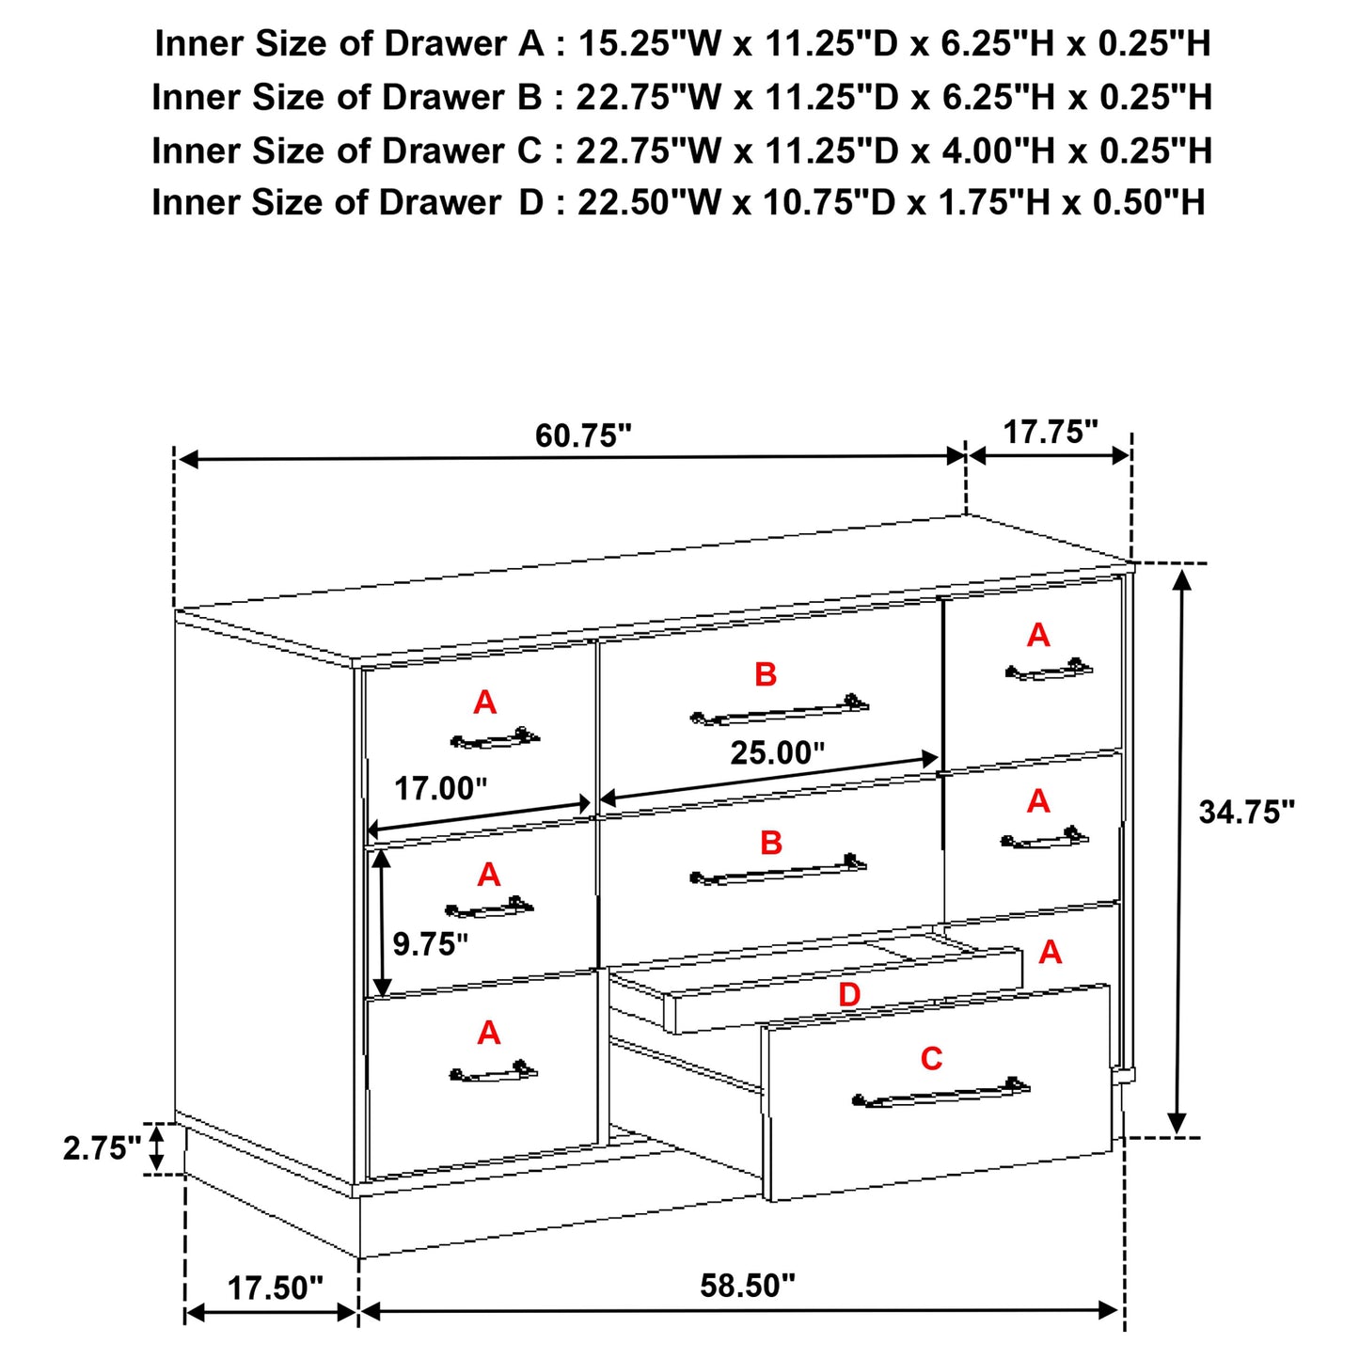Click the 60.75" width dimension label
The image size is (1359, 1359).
(583, 435)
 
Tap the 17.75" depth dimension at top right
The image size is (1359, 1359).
(1050, 432)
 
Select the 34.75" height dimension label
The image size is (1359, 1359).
(1246, 812)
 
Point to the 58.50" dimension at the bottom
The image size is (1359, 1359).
(748, 1286)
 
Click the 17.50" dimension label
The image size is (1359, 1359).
(276, 1288)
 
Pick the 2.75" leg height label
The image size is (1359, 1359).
(102, 1148)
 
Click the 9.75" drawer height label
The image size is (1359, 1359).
(430, 943)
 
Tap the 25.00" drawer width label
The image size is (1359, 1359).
(778, 752)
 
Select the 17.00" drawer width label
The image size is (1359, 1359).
(440, 788)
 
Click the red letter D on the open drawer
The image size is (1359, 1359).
(848, 994)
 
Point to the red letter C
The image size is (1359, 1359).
(931, 1059)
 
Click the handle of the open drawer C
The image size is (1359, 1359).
(940, 1094)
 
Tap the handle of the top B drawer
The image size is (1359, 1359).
(780, 712)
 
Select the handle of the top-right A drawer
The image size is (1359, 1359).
(1049, 672)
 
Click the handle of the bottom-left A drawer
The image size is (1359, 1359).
(493, 1072)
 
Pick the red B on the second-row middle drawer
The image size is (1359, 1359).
(771, 843)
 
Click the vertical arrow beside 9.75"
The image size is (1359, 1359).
(381, 922)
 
